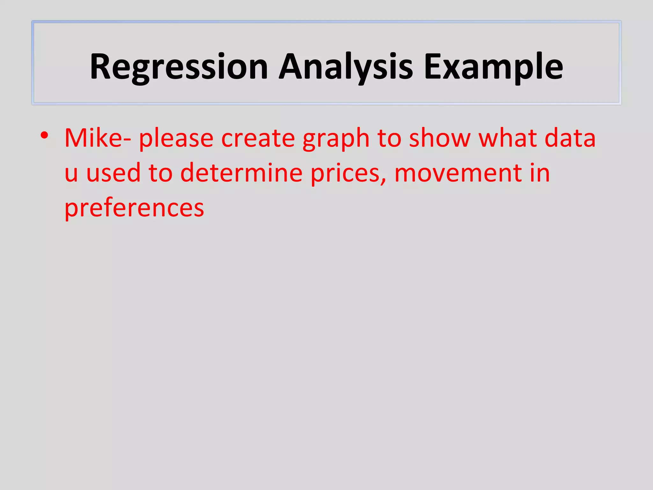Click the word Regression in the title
[179, 67]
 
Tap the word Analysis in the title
[346, 67]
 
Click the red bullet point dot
[44, 135]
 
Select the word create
[258, 138]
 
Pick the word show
[440, 138]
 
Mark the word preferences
[134, 208]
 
